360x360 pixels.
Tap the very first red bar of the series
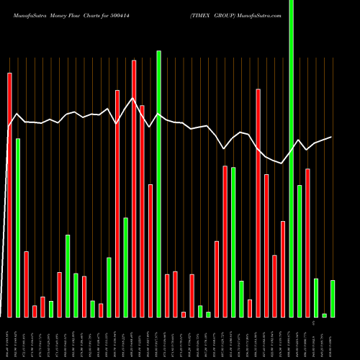coord(9,194)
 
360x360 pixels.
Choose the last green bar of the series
coord(333,298)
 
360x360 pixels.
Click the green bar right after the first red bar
coord(18,228)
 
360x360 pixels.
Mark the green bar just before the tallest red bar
coord(125,267)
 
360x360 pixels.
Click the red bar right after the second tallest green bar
coord(167,295)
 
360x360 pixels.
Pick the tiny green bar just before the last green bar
coord(324,315)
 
